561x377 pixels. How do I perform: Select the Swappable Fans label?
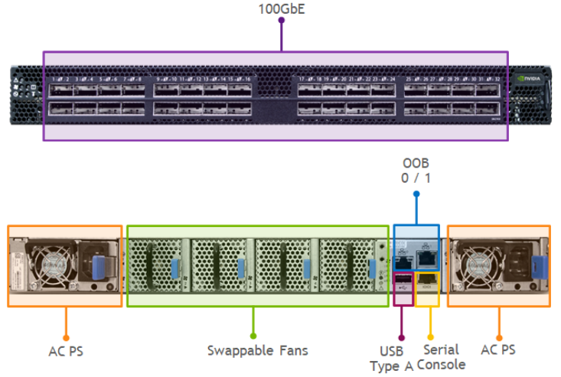tap(257, 350)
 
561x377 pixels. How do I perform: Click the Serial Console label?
tap(441, 356)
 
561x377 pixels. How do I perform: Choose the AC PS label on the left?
tap(65, 351)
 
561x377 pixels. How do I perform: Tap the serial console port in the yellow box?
tap(426, 288)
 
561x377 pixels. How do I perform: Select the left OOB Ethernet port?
tap(403, 259)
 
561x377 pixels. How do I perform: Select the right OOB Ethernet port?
tap(426, 259)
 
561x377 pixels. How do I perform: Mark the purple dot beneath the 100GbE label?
tap(281, 21)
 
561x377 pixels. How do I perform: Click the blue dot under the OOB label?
tap(416, 193)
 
